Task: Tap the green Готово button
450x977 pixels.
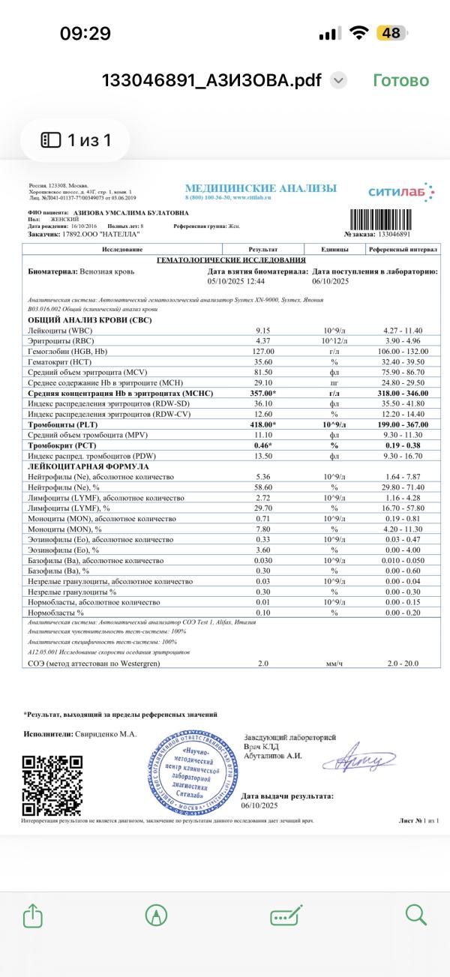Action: (400, 80)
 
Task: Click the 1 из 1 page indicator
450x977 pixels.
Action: (76, 140)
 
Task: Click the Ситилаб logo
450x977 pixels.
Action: (400, 192)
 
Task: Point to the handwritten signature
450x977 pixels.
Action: (358, 761)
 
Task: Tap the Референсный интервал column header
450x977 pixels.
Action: (402, 249)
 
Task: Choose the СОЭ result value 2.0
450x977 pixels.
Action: (262, 663)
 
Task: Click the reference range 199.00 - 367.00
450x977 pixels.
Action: (402, 424)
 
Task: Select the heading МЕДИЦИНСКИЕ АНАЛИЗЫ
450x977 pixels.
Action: (260, 188)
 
